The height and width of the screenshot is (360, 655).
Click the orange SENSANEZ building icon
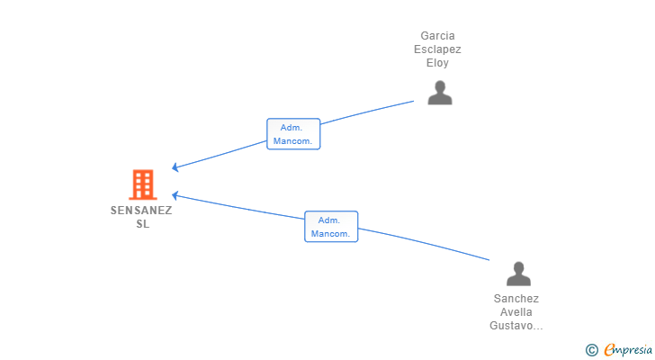pos(143,184)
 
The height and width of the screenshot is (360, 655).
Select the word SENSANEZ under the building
pos(141,211)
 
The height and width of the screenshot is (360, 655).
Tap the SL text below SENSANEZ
pos(143,224)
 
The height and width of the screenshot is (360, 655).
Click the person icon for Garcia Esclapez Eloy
pos(440,93)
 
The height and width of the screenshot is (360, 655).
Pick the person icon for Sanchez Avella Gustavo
pos(518,274)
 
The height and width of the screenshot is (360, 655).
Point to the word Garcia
pos(437,36)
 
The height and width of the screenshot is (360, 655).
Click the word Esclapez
pos(437,49)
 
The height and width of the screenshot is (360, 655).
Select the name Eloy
pos(437,63)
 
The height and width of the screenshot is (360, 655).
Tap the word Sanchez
pos(516,299)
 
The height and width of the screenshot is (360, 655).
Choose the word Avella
pos(516,312)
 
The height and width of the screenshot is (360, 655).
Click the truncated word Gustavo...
pos(516,326)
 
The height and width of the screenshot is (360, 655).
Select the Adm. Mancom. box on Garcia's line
pos(293,134)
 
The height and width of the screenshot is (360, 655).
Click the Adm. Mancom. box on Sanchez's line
pos(331,227)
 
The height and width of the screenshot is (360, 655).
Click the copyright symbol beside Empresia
pos(592,350)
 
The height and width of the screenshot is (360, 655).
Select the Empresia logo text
pos(628,350)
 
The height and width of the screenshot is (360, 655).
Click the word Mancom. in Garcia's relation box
pos(292,141)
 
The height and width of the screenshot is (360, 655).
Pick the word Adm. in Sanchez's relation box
pos(329,220)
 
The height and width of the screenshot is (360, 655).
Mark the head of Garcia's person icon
pos(440,86)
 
